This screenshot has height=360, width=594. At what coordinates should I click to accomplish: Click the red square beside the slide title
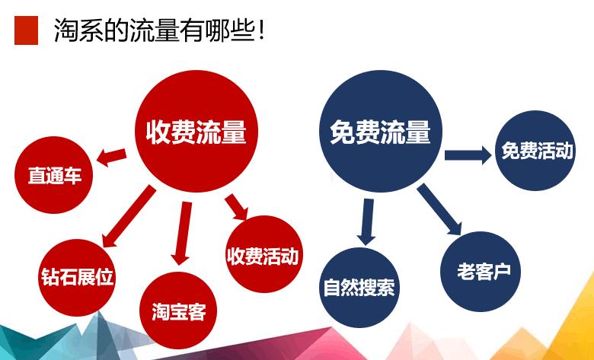coord(26,30)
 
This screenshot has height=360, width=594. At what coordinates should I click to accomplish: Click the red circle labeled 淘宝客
coord(178,311)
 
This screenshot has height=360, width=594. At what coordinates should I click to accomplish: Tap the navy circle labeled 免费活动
coord(536,150)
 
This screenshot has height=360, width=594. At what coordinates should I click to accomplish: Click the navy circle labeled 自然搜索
coord(359,288)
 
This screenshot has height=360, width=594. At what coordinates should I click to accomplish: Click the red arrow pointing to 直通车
coord(111,157)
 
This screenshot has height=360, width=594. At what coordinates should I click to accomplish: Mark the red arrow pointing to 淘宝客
coord(181,231)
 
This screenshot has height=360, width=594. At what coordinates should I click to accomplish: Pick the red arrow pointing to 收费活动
coord(237,208)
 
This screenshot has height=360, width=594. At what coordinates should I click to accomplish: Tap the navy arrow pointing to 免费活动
coord(467,155)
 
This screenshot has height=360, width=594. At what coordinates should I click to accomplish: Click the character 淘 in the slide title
coord(66,31)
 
